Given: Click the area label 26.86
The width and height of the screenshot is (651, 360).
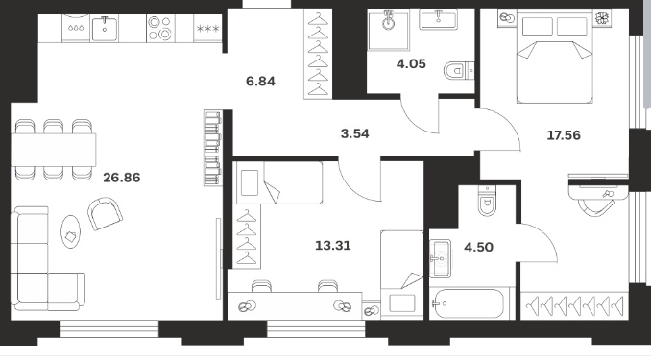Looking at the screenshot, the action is click(122, 178).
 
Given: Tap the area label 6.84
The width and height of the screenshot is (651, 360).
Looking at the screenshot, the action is click(260, 81).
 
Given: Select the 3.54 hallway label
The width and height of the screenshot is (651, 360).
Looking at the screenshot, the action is click(354, 133).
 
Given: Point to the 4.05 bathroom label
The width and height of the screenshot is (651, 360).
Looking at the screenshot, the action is click(411, 64).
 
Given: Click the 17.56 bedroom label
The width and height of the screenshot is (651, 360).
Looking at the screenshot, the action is click(564, 135).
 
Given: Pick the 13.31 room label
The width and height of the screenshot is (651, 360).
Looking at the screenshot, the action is click(333, 246).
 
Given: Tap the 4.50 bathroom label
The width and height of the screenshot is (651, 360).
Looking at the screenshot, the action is click(478, 247).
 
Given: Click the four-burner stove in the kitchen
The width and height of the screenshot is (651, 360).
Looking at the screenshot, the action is click(160, 28).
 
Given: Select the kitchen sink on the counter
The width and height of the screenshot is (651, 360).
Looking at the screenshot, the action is click(105, 29).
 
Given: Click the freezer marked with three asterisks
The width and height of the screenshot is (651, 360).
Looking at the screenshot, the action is click(207, 28).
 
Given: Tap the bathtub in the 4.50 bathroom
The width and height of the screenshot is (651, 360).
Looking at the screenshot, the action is click(468, 303).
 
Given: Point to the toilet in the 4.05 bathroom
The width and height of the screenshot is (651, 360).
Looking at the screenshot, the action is click(459, 71).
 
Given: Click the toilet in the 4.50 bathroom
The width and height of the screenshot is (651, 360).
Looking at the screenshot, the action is click(487, 201).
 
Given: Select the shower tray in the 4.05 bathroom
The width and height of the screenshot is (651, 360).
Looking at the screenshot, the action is click(388, 30).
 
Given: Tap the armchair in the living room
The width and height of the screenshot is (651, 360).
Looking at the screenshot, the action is click(105, 213).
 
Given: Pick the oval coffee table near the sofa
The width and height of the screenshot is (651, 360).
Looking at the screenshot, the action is click(71, 231).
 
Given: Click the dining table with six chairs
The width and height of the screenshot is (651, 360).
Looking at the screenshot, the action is click(54, 150).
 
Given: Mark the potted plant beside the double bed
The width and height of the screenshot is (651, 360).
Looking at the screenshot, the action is click(601, 18).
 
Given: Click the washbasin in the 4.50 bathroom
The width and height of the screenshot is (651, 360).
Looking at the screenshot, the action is click(440, 258).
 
